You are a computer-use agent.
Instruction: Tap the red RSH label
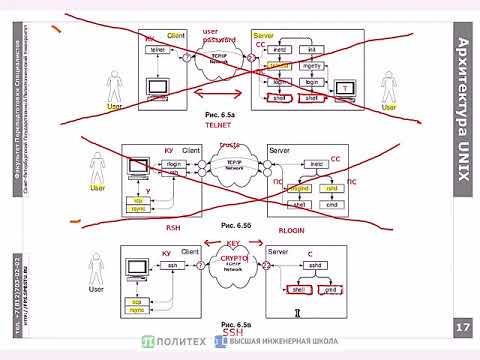172,228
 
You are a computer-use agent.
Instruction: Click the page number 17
461,328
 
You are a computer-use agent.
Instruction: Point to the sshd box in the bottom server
315,266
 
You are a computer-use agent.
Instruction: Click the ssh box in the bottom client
172,266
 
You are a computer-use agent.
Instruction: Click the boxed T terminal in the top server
346,89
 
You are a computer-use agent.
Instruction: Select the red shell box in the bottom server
297,290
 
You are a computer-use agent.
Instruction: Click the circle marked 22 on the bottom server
267,266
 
